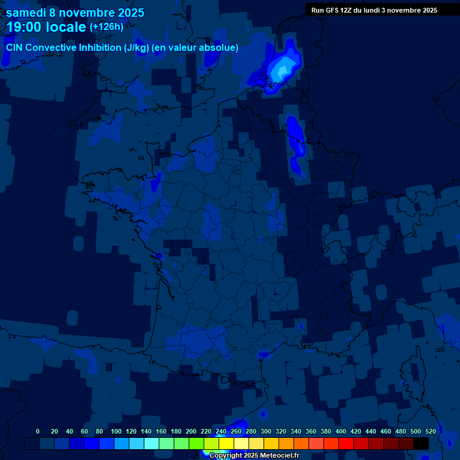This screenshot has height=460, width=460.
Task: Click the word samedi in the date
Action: click(27, 13)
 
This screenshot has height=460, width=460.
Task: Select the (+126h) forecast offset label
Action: click(107, 27)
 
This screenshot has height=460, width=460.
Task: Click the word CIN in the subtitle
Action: click(16, 48)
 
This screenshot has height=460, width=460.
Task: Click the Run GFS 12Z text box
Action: click(374, 10)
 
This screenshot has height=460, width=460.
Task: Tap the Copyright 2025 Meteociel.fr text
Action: click(254, 456)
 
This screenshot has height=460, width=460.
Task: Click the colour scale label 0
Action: click(38, 431)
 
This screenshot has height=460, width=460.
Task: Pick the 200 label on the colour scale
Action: click(191, 431)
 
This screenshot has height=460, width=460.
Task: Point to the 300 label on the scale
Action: click(266, 431)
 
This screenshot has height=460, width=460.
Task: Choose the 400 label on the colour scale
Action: click(341, 431)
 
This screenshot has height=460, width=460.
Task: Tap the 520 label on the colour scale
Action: click(431, 431)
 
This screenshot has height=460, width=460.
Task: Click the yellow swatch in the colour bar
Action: click(226, 444)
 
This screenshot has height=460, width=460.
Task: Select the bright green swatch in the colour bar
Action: click(196, 444)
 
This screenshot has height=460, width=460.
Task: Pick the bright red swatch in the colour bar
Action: click(346, 444)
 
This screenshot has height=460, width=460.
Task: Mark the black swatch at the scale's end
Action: click(421, 444)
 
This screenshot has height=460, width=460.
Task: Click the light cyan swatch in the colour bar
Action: click(152, 444)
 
